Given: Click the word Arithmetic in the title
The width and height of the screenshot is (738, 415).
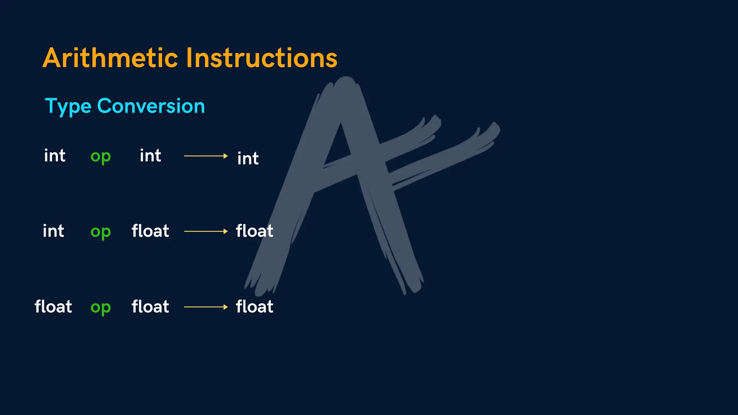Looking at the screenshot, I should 110,58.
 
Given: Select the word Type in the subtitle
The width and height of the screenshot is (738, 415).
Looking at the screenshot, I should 68,106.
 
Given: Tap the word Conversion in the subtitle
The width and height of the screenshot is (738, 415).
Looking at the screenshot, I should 151,106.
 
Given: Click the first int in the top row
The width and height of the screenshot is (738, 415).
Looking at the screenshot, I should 55,156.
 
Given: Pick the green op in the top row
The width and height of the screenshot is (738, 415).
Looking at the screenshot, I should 101,157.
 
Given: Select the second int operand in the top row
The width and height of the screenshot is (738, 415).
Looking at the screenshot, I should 151,156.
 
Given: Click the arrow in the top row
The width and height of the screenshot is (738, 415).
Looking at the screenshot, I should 206,156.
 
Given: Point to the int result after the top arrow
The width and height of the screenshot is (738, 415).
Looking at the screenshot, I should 248,158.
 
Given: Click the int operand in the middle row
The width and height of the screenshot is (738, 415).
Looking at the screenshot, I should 53,231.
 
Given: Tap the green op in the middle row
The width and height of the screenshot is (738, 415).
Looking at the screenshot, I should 101,232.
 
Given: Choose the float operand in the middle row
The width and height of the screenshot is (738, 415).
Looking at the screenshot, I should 150,231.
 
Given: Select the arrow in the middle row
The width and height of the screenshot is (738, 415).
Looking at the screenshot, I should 206,231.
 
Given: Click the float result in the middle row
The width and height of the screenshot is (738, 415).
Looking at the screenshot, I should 254,231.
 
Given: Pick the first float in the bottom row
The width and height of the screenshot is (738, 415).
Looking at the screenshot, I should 53,307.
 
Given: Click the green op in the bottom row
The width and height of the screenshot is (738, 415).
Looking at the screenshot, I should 101,308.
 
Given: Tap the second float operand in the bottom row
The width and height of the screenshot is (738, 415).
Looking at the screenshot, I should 150,307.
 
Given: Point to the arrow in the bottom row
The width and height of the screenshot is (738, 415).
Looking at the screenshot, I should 206,307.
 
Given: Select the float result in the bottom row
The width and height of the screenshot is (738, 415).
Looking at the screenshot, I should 254,307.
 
